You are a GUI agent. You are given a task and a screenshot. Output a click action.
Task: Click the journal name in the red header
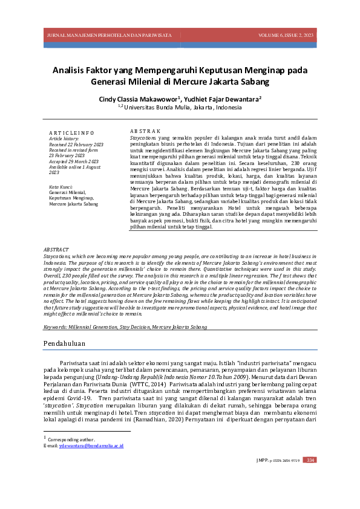110,36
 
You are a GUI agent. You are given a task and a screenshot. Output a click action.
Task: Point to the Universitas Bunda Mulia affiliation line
180,108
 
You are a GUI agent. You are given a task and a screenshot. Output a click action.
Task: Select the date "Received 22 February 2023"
76,145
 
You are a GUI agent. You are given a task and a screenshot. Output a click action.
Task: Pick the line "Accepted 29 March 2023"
74,161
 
